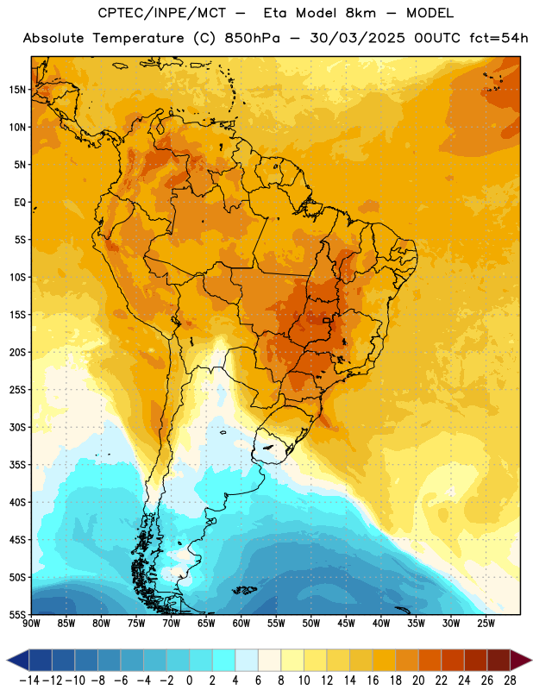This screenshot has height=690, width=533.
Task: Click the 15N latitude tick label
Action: pos(17,90)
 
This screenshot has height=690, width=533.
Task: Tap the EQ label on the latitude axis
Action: pos(20,203)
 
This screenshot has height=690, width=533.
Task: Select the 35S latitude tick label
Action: pos(17,465)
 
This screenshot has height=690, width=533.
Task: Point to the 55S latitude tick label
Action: pos(17,614)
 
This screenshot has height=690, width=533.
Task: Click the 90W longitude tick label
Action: pos(32,623)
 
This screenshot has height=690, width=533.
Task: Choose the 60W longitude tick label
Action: pos(241,623)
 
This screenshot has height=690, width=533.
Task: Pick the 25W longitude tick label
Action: pos(486,623)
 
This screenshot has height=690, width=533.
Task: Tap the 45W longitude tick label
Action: pos(346,623)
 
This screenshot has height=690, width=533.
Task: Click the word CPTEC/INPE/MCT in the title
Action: pos(162,13)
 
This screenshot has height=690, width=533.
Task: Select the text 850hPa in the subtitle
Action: pos(252,38)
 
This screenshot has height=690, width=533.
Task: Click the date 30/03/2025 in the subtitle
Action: pos(357,38)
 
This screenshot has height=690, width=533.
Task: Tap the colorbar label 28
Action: pos(510,681)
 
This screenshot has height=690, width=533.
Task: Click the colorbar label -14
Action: pos(29,681)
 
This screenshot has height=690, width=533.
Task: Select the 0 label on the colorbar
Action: pos(189,681)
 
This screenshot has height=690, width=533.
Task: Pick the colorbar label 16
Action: pos(373,681)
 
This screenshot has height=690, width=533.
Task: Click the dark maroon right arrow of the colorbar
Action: pos(520,660)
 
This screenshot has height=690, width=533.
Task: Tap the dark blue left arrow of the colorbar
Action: pos(18,660)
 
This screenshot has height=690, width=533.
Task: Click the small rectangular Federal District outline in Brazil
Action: pos(327,320)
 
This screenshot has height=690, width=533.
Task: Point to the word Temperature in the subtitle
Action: pos(138,38)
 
